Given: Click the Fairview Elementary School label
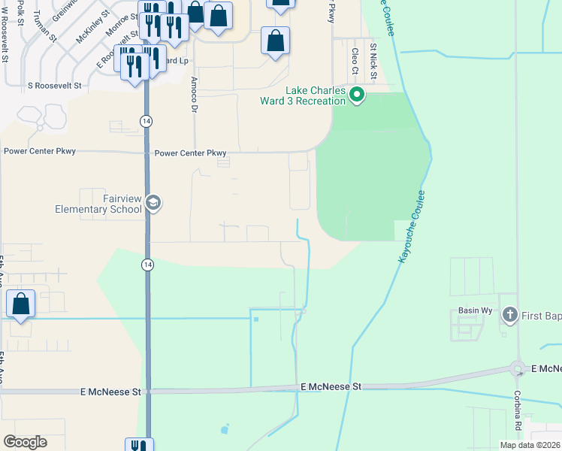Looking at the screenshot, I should coord(98,203).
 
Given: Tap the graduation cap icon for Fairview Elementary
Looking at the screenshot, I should coord(154,202).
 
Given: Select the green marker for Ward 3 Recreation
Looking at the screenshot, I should coord(357,95).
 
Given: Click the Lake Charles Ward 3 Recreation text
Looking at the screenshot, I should coord(304,96).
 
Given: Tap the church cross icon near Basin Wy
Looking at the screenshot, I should coord(510,315).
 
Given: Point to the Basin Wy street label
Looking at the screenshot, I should coord(475,310).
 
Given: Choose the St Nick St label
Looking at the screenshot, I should coord(372,59).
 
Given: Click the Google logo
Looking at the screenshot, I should coord(25,442).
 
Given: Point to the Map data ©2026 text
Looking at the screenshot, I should coord(530,445).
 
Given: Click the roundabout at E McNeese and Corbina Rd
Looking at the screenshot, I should coord(518,368).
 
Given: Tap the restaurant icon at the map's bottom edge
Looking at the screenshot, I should coord(138,445).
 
